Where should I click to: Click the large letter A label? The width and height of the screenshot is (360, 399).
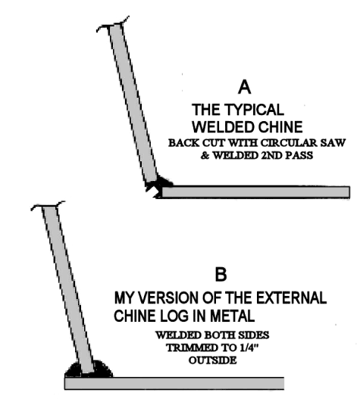coord(244,87)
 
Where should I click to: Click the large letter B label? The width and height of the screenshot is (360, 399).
coord(221,274)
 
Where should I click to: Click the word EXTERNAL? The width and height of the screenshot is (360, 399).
coord(291,298)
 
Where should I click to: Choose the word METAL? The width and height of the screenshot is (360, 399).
coord(233,316)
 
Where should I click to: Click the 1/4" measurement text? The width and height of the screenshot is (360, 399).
coord(251,348)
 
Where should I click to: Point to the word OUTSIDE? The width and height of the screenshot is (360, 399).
coord(213,360)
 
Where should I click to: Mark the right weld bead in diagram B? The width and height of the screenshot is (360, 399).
coord(102,369)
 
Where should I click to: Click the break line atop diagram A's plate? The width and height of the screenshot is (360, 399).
coord(113,24)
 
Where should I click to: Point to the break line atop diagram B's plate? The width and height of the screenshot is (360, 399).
coord(48,205)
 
